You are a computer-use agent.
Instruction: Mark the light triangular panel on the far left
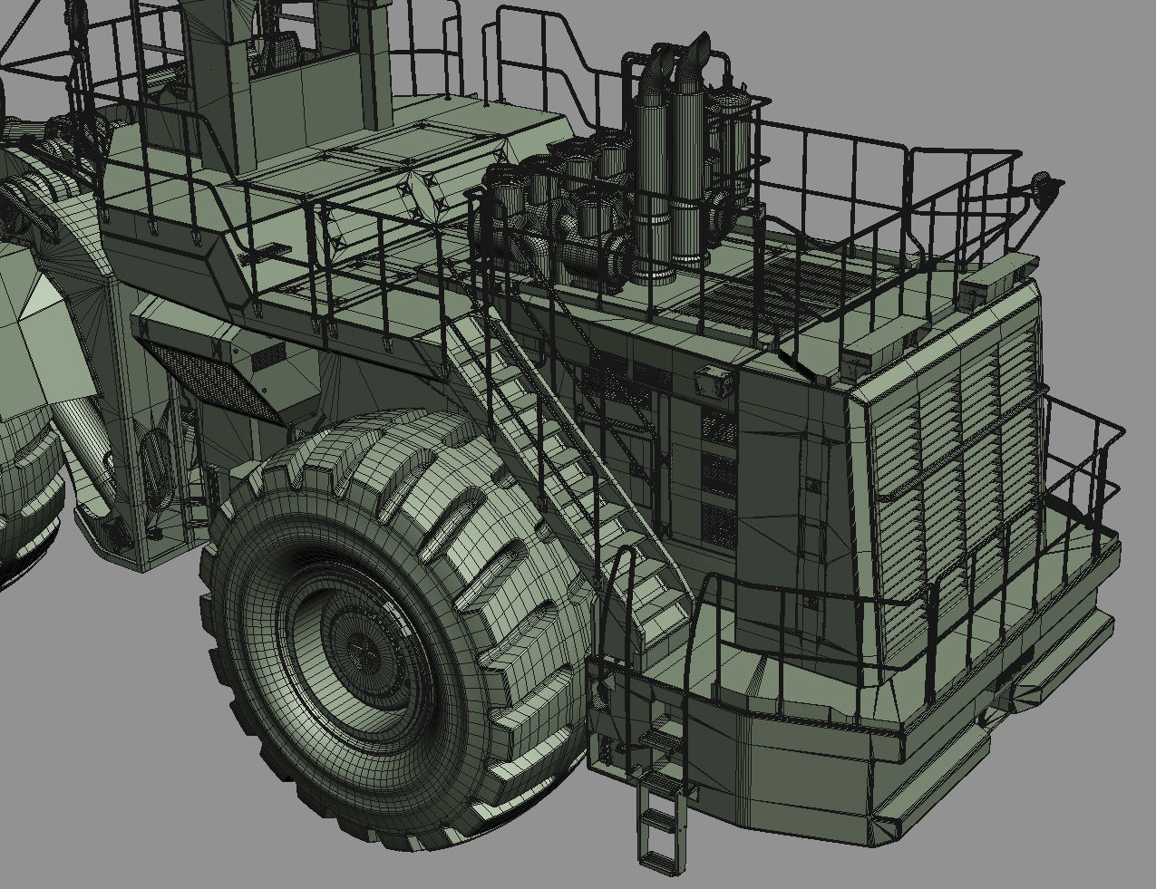click(x=40, y=298)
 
